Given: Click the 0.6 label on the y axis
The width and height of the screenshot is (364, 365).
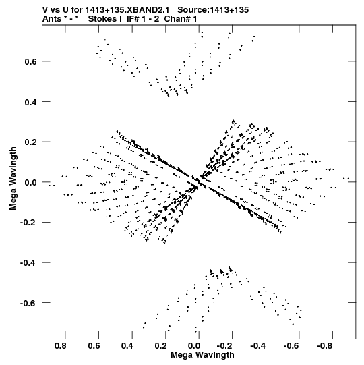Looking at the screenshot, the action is [30, 61].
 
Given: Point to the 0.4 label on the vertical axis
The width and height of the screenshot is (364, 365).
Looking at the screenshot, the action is [30, 102].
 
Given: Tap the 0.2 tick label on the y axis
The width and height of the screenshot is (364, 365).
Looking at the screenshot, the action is [30, 142].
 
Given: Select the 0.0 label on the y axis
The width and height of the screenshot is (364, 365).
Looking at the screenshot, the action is [30, 182].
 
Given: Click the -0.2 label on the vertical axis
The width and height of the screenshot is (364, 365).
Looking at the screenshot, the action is [28, 223].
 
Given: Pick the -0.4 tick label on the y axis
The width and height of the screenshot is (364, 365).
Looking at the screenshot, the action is [28, 263].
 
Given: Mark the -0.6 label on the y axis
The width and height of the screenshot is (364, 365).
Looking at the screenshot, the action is [28, 303].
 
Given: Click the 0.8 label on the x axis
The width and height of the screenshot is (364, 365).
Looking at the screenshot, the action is [60, 346].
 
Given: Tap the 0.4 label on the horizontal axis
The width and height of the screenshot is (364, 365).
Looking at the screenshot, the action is [127, 346].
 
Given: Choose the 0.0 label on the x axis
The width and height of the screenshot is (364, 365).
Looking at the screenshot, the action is [194, 346].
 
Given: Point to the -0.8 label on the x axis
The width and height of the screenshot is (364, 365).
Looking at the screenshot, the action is [326, 346].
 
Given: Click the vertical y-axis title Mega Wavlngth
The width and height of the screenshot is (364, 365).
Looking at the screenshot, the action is [13, 179].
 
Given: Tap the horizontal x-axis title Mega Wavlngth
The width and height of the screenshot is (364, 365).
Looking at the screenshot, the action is [202, 355].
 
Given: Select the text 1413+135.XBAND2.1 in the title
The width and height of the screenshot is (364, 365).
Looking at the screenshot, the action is [127, 10].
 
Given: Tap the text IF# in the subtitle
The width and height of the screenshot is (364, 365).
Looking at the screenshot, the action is [133, 19].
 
